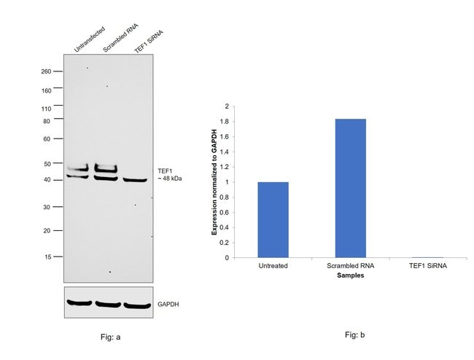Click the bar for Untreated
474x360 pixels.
(x=273, y=219)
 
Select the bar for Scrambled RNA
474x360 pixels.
(x=350, y=188)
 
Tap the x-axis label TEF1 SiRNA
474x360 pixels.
(x=427, y=266)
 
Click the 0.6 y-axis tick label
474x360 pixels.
(x=226, y=212)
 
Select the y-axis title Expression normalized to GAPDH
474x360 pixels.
(x=214, y=182)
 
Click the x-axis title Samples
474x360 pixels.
(x=350, y=275)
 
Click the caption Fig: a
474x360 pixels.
(x=109, y=337)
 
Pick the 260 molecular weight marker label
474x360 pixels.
(x=47, y=71)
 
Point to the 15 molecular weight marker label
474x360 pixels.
(x=47, y=257)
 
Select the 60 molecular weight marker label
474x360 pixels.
(x=47, y=138)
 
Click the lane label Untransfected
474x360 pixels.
(x=89, y=39)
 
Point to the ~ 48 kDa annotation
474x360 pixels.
(x=168, y=179)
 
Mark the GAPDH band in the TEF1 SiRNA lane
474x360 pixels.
(x=136, y=305)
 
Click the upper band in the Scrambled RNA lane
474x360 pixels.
(x=106, y=168)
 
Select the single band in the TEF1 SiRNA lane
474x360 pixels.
(x=136, y=180)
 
